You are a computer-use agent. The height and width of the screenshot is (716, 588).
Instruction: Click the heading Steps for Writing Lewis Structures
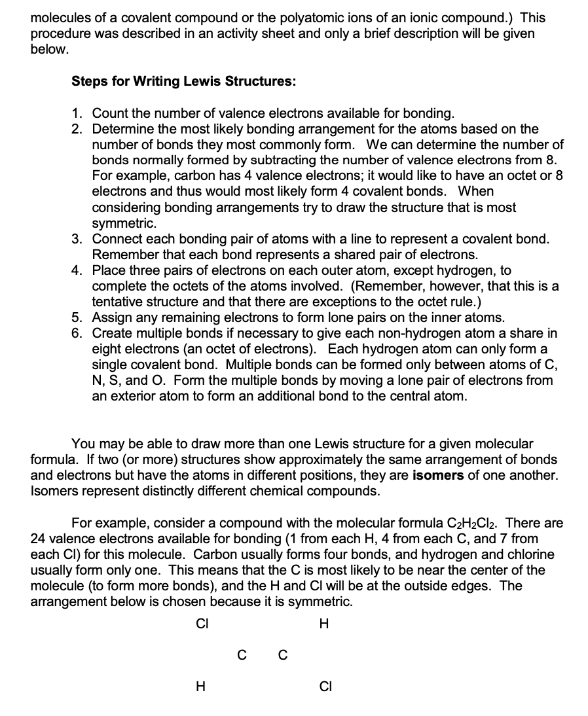point(183,82)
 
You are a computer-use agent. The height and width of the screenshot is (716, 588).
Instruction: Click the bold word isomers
point(439,475)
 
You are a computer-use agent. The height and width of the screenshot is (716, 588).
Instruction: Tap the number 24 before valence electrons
point(38,539)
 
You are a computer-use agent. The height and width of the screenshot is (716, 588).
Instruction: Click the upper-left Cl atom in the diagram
point(202,623)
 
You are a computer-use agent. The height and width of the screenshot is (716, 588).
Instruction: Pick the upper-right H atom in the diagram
point(323,623)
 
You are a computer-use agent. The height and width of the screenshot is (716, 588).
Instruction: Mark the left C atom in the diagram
point(242,654)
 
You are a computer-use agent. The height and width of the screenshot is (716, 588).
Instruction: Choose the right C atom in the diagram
point(282,654)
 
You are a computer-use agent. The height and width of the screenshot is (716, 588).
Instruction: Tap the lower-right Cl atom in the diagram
point(325,687)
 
